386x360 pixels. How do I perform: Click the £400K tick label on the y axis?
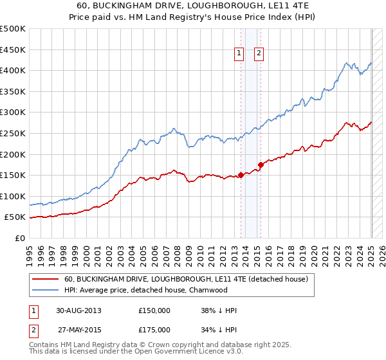[x=13, y=70]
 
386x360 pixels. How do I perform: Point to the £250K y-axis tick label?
[x=13, y=133]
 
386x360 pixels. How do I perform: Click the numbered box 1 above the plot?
[x=239, y=54]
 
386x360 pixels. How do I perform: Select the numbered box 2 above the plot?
[x=259, y=54]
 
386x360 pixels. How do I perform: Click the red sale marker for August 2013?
[x=241, y=175]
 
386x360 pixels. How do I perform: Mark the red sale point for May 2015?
[x=261, y=165]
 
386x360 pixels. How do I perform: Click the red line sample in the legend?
[x=45, y=279]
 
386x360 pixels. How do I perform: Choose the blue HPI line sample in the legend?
[x=45, y=290]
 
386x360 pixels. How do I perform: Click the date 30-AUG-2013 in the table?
[x=78, y=310]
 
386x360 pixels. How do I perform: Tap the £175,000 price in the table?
[x=154, y=329]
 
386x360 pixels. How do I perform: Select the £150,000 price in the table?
[x=154, y=310]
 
